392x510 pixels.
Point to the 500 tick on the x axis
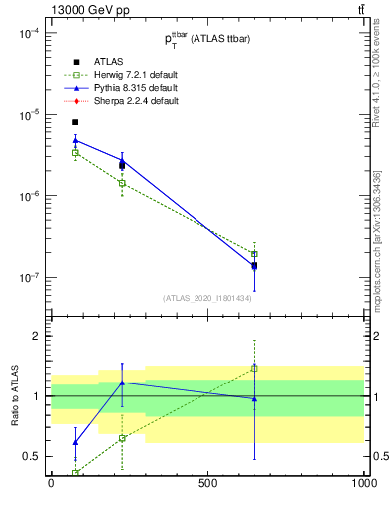coord(207,484)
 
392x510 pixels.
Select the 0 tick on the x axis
coord(51,484)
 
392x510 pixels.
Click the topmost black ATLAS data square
coord(75,122)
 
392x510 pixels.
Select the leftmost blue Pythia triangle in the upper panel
coord(75,140)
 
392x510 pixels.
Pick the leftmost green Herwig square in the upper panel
coord(75,152)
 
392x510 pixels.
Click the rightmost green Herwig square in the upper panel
coord(254,254)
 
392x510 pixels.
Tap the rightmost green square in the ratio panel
coord(254,368)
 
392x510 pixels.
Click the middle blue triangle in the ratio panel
coord(122,382)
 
